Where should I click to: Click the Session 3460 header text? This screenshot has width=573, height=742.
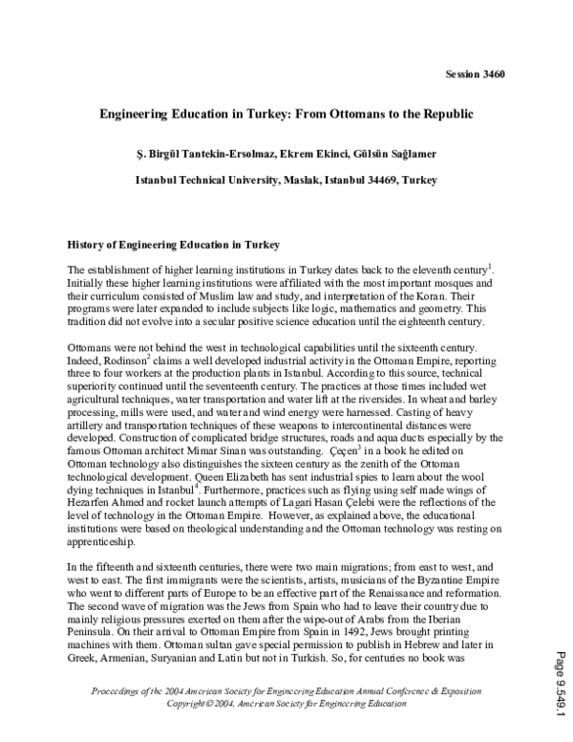point(476,74)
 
